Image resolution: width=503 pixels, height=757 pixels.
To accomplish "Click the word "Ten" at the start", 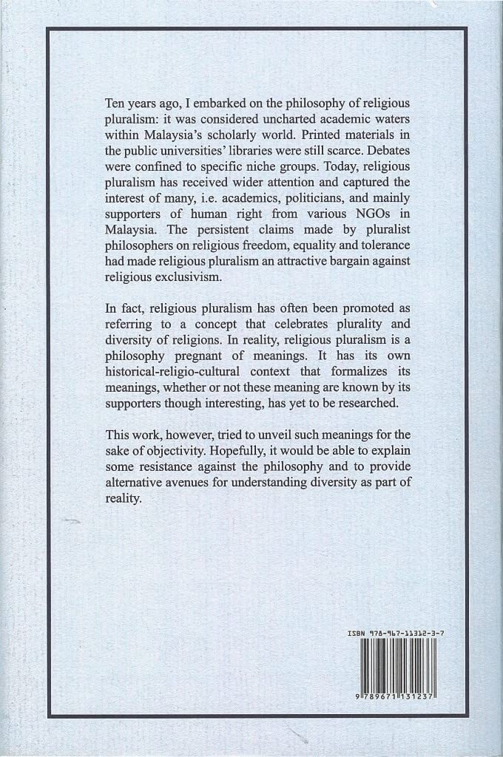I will [x=118, y=103].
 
